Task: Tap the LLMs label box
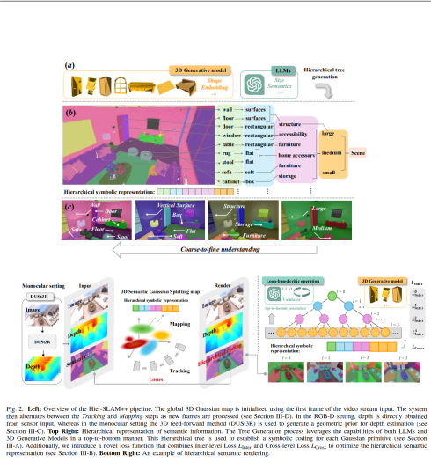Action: tap(256, 68)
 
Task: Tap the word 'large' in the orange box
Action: tap(327, 131)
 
